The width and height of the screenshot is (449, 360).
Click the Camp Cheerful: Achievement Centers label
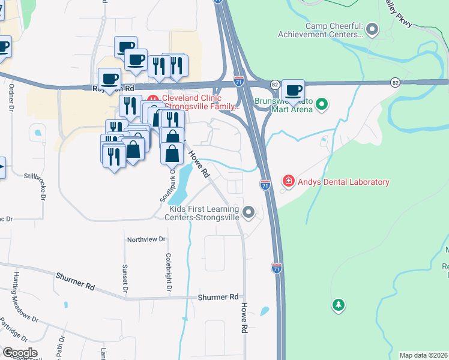click(x=334, y=30)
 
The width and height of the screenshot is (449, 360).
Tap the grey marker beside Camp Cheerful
click(x=372, y=28)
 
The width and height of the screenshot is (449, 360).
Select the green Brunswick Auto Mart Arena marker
click(x=322, y=105)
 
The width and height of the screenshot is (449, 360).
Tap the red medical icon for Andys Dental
click(x=288, y=181)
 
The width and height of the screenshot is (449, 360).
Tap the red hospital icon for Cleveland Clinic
click(x=152, y=99)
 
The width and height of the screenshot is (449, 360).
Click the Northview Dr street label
click(x=146, y=239)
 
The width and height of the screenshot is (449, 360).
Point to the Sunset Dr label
click(x=125, y=280)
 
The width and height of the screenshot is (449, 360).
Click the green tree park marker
click(x=339, y=305)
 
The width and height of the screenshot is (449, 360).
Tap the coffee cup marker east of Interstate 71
click(x=293, y=91)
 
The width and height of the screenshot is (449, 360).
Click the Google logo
click(x=20, y=353)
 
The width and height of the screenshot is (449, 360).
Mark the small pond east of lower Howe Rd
click(x=264, y=311)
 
